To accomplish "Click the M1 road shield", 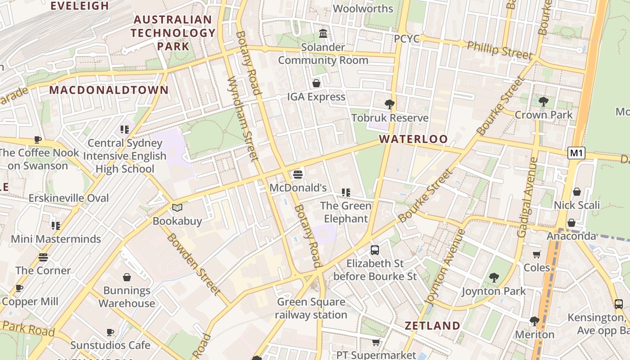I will coord(576,153).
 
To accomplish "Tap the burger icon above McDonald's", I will coord(297,174).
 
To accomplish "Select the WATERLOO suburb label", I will coord(413,139).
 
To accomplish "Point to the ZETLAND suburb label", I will coord(432,326).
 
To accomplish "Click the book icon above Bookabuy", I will coord(177,208).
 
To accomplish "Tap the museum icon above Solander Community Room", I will coord(323,34).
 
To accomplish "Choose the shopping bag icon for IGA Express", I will coord(316,83).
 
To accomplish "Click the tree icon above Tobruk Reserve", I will coord(390,104).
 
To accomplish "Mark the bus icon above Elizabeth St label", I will coord(375,250).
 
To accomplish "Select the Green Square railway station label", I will coord(311,308).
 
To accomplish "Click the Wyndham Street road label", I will coord(243,118).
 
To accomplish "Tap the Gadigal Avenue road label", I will coord(527,197).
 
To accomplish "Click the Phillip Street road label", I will coord(499,50).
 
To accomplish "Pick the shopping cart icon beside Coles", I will coord(537,255).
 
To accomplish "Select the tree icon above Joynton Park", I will coord(494,278).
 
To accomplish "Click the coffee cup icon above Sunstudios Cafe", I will coord(110,332).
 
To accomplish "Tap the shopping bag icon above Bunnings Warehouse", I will coord(127,277).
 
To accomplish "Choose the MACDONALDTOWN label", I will coord(109,90).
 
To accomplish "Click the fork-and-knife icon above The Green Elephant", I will coord(346,193).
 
